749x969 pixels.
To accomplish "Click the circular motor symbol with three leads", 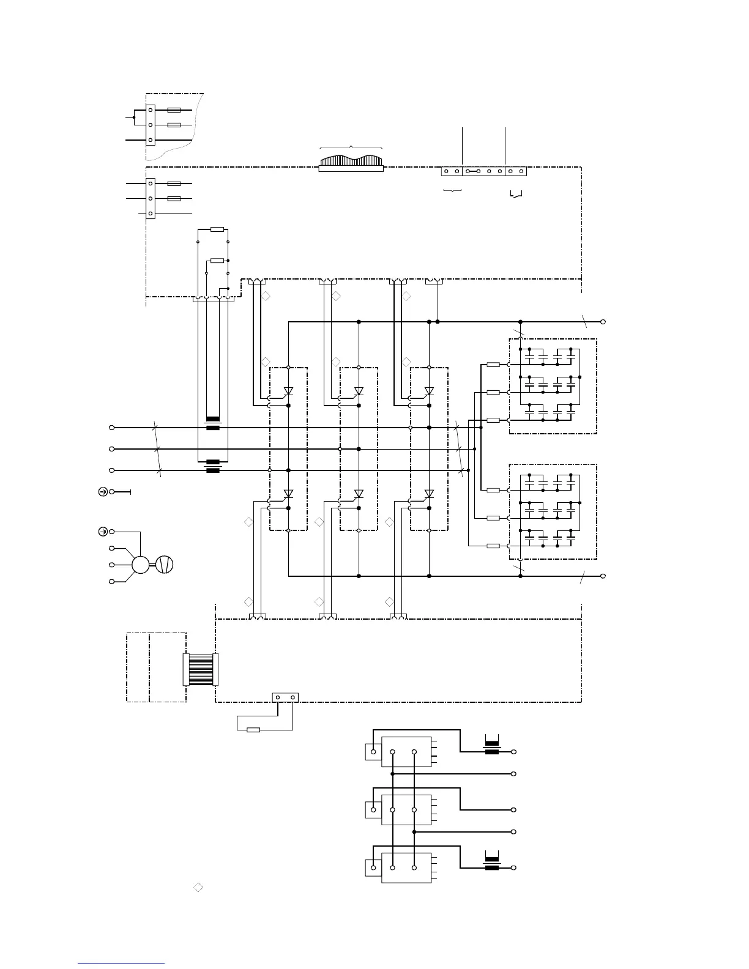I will tap(141, 564).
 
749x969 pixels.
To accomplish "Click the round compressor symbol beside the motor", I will tap(165, 564).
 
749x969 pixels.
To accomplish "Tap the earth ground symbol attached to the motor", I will tap(103, 532).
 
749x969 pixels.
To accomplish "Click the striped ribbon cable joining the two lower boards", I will tap(200, 669).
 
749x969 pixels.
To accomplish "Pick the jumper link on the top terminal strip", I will tap(473, 171).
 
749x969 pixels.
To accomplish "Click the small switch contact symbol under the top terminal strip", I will tap(516, 195).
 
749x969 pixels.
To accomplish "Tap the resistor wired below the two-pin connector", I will tap(252, 729).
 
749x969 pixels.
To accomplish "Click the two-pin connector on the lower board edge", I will tap(285, 697).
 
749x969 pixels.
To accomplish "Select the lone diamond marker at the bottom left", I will tap(198, 887).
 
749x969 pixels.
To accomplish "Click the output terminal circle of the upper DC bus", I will tap(603, 322).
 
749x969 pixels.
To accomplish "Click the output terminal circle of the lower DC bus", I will tap(603, 576).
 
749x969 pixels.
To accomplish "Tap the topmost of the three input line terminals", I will tap(112, 428).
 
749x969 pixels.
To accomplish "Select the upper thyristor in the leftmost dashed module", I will tap(288, 391).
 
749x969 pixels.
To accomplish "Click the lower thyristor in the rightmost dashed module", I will tap(429, 494).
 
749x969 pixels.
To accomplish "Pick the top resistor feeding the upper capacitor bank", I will tap(493, 365).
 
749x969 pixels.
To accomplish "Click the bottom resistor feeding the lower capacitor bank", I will tap(493, 546).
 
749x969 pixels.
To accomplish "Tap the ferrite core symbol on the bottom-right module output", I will tap(492, 867).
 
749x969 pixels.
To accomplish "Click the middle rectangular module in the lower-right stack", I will tap(406, 810).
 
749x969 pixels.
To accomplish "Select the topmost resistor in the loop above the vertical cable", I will tap(217, 230).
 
